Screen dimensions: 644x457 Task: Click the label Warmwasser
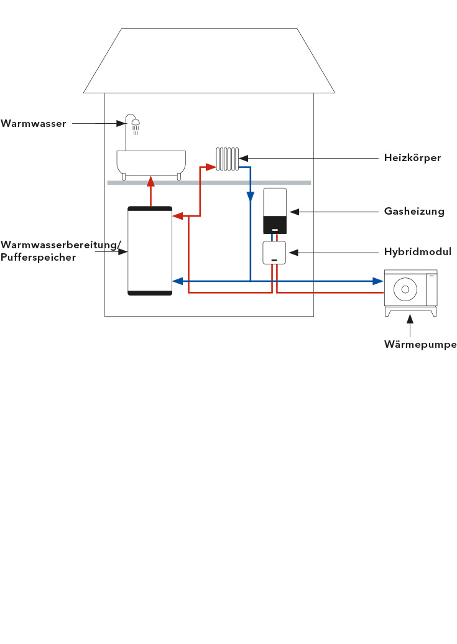pyautogui.click(x=34, y=124)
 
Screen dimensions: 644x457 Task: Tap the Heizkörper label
pyautogui.click(x=412, y=158)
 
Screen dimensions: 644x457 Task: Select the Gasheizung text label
pyautogui.click(x=414, y=212)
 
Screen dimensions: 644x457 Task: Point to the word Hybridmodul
pyautogui.click(x=417, y=252)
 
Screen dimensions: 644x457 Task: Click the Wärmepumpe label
pyautogui.click(x=420, y=344)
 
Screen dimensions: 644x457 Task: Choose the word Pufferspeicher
pyautogui.click(x=39, y=257)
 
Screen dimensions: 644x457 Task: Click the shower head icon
pyautogui.click(x=135, y=123)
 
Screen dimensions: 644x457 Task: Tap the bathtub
pyautogui.click(x=151, y=163)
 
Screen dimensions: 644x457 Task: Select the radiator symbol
pyautogui.click(x=228, y=159)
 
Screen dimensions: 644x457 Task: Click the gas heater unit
pyautogui.click(x=275, y=210)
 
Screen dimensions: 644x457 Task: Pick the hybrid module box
pyautogui.click(x=274, y=253)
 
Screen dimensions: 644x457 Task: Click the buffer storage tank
pyautogui.click(x=150, y=250)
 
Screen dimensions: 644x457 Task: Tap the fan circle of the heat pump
pyautogui.click(x=406, y=289)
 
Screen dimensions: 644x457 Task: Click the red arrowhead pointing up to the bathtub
pyautogui.click(x=150, y=182)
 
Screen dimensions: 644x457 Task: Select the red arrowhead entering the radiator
pyautogui.click(x=211, y=167)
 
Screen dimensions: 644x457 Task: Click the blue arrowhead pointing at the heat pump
pyautogui.click(x=378, y=281)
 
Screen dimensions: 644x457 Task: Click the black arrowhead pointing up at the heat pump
pyautogui.click(x=410, y=319)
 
